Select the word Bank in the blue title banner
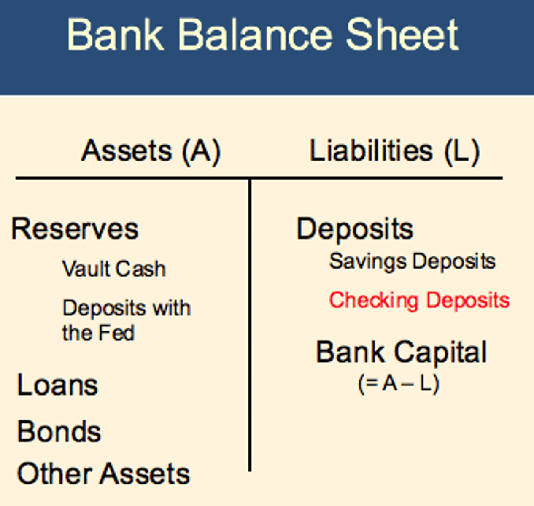pyautogui.click(x=115, y=35)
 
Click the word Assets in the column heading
pyautogui.click(x=127, y=151)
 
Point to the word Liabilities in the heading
pyautogui.click(x=371, y=151)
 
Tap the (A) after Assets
pyautogui.click(x=201, y=151)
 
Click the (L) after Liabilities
pyautogui.click(x=462, y=151)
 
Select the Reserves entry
pyautogui.click(x=75, y=229)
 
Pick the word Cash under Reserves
pyautogui.click(x=140, y=269)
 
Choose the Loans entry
pyautogui.click(x=57, y=385)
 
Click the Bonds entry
pyautogui.click(x=59, y=431)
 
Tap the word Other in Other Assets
pyautogui.click(x=54, y=474)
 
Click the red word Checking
pyautogui.click(x=374, y=301)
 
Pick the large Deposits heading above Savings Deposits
pyautogui.click(x=355, y=229)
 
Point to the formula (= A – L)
pyautogui.click(x=399, y=384)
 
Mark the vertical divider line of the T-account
pyautogui.click(x=250, y=325)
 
